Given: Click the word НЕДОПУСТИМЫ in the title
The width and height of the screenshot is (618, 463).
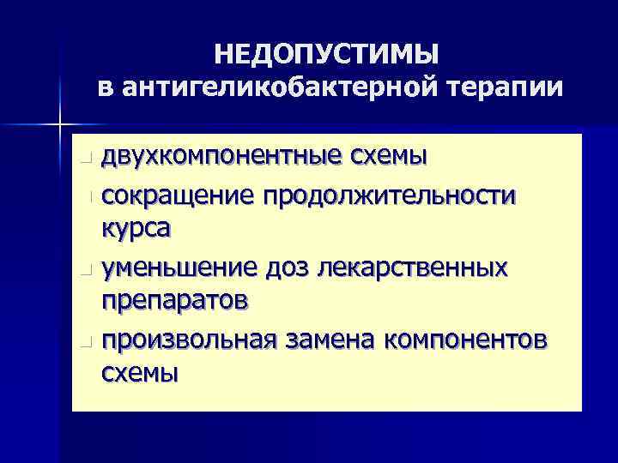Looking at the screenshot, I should pos(326,55).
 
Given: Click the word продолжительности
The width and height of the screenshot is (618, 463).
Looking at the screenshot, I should pos(390,196).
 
